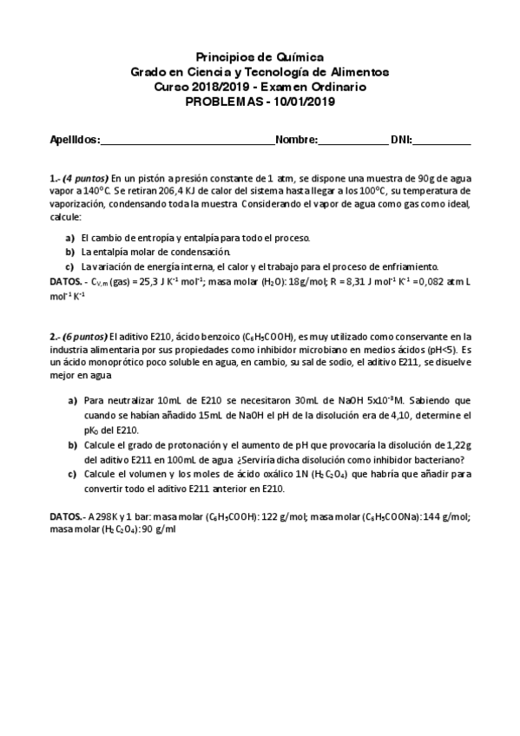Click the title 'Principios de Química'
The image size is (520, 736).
click(x=260, y=57)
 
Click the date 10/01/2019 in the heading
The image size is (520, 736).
click(x=306, y=101)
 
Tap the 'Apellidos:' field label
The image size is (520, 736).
click(x=76, y=139)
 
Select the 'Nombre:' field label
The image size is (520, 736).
click(x=296, y=139)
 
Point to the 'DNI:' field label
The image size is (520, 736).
click(x=401, y=139)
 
